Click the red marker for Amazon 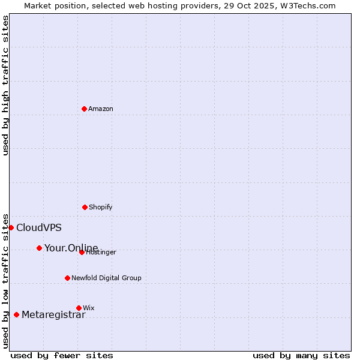pyautogui.click(x=84, y=109)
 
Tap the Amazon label pyautogui.click(x=101, y=109)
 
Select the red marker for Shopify pyautogui.click(x=85, y=207)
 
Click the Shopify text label pyautogui.click(x=101, y=207)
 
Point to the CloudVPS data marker pyautogui.click(x=11, y=227)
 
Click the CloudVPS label pyautogui.click(x=38, y=228)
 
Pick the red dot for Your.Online pyautogui.click(x=39, y=248)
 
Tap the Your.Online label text pyautogui.click(x=71, y=248)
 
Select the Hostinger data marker pyautogui.click(x=82, y=252)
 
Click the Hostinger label pyautogui.click(x=101, y=253)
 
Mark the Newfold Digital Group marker pyautogui.click(x=67, y=278)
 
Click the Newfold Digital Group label pyautogui.click(x=106, y=278)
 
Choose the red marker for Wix pyautogui.click(x=79, y=308)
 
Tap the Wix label pyautogui.click(x=89, y=308)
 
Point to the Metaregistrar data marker pyautogui.click(x=16, y=314)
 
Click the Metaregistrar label pyautogui.click(x=53, y=315)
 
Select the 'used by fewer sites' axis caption pyautogui.click(x=62, y=355)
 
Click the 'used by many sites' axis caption pyautogui.click(x=301, y=355)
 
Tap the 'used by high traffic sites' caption pyautogui.click(x=5, y=85)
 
